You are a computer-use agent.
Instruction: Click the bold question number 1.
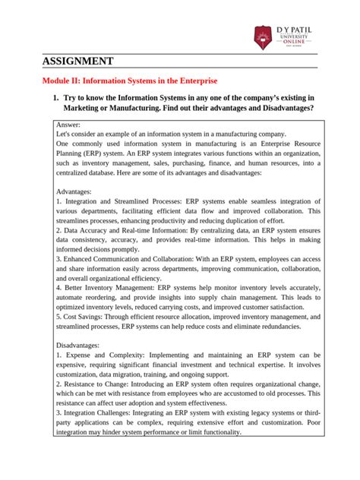point(55,99)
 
